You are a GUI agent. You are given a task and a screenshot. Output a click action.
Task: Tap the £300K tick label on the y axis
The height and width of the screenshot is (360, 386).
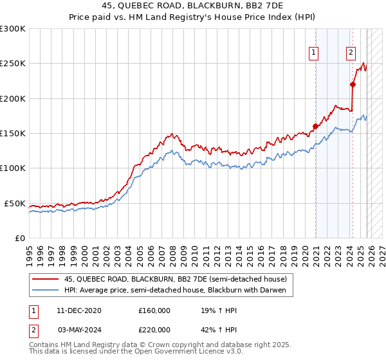tap(13, 29)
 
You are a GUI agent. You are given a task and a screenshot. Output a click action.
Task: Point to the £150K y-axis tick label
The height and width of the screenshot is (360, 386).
tap(13, 134)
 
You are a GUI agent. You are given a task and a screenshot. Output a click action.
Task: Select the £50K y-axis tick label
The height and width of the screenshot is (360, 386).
tap(15, 203)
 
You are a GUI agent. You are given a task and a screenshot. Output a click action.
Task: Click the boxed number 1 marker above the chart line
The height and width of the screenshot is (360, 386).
tap(314, 53)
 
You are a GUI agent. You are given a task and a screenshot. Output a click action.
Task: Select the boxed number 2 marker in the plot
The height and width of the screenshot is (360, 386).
tap(351, 53)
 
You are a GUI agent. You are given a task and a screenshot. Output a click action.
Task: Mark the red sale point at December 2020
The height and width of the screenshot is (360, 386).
tap(315, 127)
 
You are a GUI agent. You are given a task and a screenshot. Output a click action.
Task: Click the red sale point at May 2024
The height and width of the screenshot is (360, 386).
tap(353, 84)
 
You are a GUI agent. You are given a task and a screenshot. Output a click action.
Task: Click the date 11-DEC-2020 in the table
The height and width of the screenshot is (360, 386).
tap(78, 310)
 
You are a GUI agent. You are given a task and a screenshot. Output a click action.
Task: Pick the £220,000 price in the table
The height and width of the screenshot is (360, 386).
tap(154, 328)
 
